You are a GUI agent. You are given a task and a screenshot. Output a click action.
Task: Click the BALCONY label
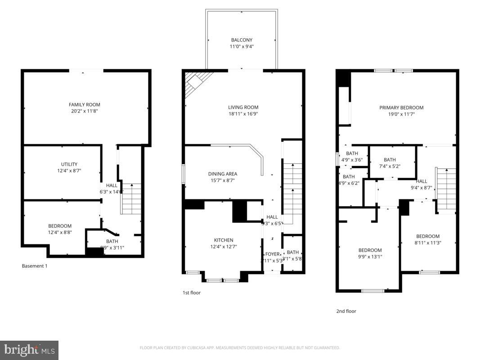pyautogui.click(x=242, y=40)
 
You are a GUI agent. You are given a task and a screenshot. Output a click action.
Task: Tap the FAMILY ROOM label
pyautogui.click(x=85, y=105)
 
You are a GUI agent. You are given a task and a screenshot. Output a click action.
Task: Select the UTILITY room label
pyautogui.click(x=69, y=164)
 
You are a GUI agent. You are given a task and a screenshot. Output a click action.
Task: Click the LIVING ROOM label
pyautogui.click(x=243, y=108)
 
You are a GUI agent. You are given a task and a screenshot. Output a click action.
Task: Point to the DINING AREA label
pyautogui.click(x=222, y=174)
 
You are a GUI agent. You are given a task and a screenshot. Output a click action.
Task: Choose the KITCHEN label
pyautogui.click(x=224, y=240)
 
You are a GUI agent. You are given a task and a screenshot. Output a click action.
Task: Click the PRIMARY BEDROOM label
pyautogui.click(x=401, y=108)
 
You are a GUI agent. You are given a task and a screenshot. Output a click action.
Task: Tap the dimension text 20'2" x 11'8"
pyautogui.click(x=85, y=111)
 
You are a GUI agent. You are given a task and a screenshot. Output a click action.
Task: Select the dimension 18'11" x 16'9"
pyautogui.click(x=243, y=114)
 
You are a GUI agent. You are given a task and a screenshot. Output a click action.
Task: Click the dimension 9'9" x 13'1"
pyautogui.click(x=370, y=257)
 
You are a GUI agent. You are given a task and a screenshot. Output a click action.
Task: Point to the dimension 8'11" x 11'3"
pyautogui.click(x=427, y=243)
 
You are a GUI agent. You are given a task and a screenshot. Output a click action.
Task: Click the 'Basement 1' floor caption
pyautogui.click(x=35, y=266)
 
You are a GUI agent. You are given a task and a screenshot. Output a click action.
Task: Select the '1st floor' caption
pyautogui.click(x=191, y=293)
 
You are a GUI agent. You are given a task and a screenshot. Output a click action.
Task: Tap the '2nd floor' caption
pyautogui.click(x=346, y=311)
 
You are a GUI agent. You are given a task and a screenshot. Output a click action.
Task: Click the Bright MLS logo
pyautogui.click(x=29, y=350)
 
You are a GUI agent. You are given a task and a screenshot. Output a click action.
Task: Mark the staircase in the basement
pyautogui.click(x=131, y=199)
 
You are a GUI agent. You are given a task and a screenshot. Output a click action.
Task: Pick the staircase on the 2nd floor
pyautogui.click(x=446, y=188)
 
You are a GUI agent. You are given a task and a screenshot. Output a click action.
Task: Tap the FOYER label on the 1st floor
pyautogui.click(x=272, y=254)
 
